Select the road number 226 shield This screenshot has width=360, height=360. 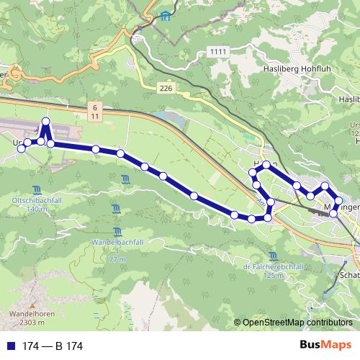(x=167, y=88)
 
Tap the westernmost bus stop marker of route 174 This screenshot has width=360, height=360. (x=21, y=147)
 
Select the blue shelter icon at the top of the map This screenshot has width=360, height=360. (x=166, y=16)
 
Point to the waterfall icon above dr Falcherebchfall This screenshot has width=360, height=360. (x=272, y=256)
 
